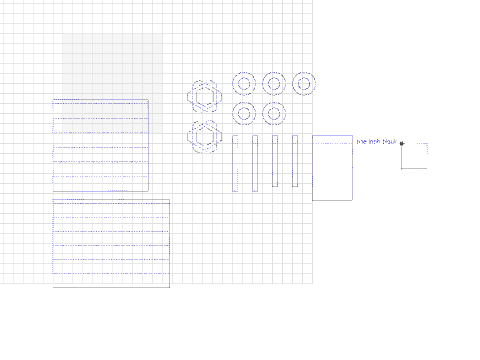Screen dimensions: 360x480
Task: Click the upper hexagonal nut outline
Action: [204, 96]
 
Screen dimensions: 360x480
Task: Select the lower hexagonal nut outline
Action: [204, 136]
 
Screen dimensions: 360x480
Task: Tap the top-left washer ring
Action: [244, 83]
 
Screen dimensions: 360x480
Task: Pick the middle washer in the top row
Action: [274, 83]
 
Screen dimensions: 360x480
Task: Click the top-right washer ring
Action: [304, 83]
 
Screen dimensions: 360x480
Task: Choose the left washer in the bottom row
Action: [244, 113]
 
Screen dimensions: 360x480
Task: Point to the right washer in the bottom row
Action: [274, 113]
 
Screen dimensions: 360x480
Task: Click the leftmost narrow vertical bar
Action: [235, 163]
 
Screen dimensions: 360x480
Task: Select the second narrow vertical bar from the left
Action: [255, 163]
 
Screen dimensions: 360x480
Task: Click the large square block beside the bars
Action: [332, 168]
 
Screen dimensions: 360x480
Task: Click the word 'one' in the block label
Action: [362, 142]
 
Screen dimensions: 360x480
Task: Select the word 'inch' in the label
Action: [375, 142]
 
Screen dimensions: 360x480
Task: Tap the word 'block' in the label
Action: [390, 142]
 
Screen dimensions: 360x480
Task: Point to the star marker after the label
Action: [401, 143]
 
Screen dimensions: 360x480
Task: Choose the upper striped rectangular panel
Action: [100, 146]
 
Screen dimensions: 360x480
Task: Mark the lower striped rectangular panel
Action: [111, 243]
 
